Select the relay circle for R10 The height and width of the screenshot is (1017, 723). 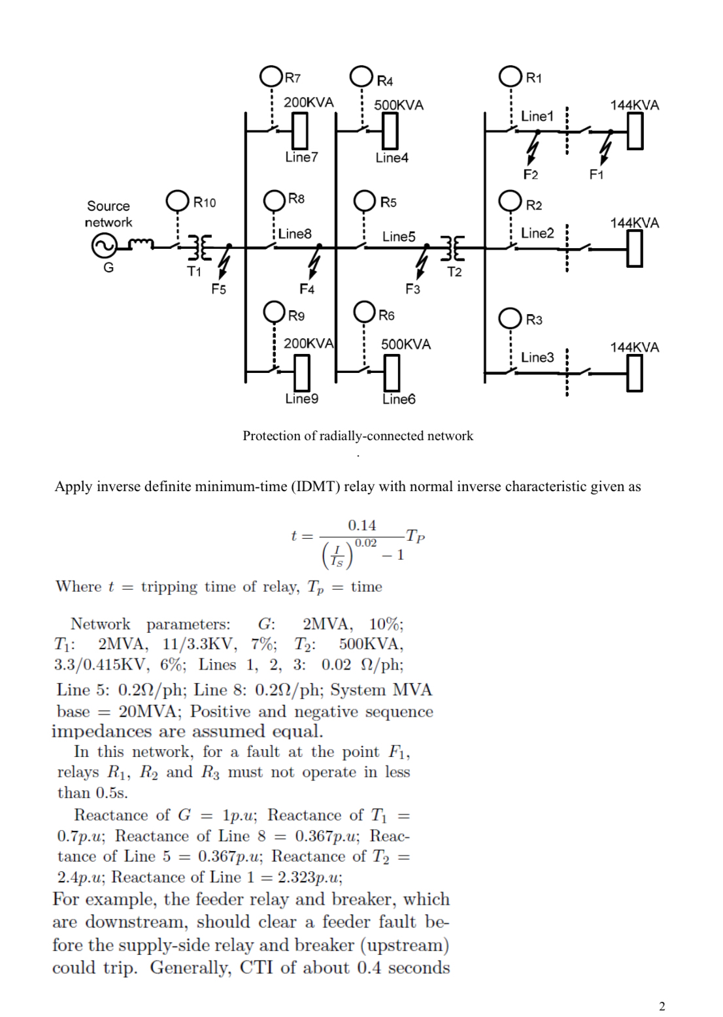pyautogui.click(x=178, y=201)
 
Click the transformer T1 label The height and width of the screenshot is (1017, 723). pyautogui.click(x=194, y=271)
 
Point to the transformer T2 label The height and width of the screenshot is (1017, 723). pyautogui.click(x=454, y=272)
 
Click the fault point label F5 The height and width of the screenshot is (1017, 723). pyautogui.click(x=218, y=289)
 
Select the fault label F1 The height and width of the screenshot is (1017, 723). pyautogui.click(x=597, y=174)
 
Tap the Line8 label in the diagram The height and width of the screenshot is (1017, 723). pyautogui.click(x=295, y=233)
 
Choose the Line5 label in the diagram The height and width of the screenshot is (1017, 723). pyautogui.click(x=399, y=236)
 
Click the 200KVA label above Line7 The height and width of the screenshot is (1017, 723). pyautogui.click(x=309, y=103)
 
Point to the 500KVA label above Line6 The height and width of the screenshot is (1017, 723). pyautogui.click(x=406, y=344)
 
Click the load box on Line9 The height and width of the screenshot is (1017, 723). pyautogui.click(x=301, y=371)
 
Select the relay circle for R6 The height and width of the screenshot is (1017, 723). pyautogui.click(x=364, y=314)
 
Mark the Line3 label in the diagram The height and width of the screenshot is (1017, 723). pyautogui.click(x=537, y=357)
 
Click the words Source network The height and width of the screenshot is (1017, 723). pyautogui.click(x=109, y=214)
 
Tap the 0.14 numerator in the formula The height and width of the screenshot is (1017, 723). pyautogui.click(x=362, y=525)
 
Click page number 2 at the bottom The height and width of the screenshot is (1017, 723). pyautogui.click(x=662, y=1006)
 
